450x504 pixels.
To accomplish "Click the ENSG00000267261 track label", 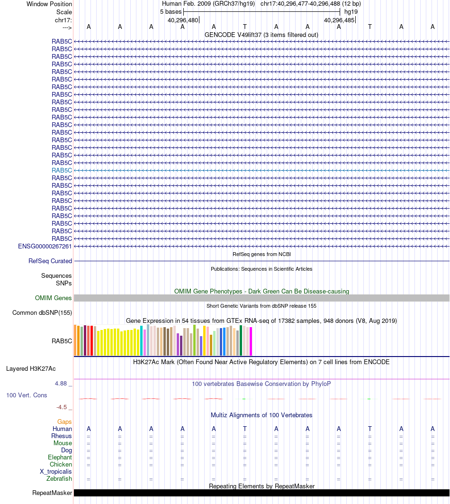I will (45, 246).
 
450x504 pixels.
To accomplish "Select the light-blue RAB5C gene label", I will (62, 170).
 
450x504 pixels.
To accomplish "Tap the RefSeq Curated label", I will (50, 261).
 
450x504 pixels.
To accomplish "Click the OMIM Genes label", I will (54, 298).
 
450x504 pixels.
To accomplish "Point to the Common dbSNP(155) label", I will (42, 312).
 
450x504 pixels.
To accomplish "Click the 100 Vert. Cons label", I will (27, 395).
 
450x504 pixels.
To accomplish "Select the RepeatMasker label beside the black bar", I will (52, 493).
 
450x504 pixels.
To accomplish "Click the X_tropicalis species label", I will (56, 471).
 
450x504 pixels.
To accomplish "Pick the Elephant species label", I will (60, 457).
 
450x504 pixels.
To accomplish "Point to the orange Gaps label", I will (64, 422).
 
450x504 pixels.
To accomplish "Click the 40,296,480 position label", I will (183, 20).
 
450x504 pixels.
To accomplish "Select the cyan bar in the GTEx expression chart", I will (142, 340).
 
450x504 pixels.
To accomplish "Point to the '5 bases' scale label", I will (171, 11).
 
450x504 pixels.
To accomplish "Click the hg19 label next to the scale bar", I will (351, 11).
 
